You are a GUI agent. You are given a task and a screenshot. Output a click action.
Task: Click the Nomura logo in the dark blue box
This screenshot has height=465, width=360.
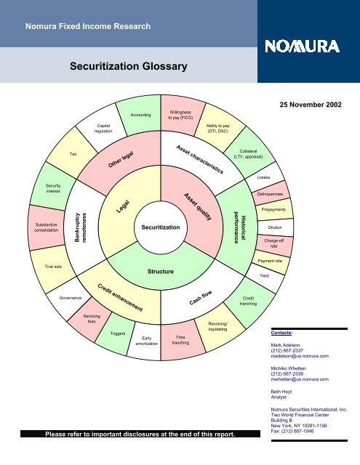pos(302,46)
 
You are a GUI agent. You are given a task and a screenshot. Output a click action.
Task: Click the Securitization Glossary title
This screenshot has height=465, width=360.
pos(129,66)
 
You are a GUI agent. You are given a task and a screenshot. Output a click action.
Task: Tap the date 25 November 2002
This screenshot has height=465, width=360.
pos(311,105)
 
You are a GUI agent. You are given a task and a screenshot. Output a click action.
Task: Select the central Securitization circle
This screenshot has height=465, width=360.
pos(161,227)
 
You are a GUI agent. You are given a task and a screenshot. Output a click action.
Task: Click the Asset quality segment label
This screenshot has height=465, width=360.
pos(198,206)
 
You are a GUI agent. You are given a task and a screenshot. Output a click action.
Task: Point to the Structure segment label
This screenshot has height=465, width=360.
pos(161,271)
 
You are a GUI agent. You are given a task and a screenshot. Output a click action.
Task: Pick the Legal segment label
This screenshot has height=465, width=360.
pos(123,206)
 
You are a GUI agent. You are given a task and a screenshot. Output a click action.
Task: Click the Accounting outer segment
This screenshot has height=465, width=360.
pos(140,115)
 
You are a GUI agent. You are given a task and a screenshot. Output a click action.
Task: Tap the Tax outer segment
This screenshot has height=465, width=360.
pos(73,154)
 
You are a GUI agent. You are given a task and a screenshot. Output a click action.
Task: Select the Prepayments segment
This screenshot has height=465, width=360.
pos(273,209)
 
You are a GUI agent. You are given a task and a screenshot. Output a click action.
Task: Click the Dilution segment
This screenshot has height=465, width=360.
pos(275,227)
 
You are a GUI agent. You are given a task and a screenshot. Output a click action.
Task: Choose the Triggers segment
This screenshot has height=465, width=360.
pos(118,333)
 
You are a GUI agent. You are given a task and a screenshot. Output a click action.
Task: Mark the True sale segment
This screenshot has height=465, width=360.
pos(53,267)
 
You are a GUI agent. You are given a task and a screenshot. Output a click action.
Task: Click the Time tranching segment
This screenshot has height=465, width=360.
pos(180,340)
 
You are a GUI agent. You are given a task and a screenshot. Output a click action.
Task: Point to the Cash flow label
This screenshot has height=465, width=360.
pos(201,297)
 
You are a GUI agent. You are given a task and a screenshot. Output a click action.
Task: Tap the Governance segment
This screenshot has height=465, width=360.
pos(71,298)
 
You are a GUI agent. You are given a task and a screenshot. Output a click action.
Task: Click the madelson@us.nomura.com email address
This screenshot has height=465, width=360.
pos(300,356)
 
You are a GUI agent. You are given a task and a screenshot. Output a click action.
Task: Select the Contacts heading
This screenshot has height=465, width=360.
pos(281,333)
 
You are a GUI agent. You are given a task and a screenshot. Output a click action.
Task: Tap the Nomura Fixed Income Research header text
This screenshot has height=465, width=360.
pos(88,26)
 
